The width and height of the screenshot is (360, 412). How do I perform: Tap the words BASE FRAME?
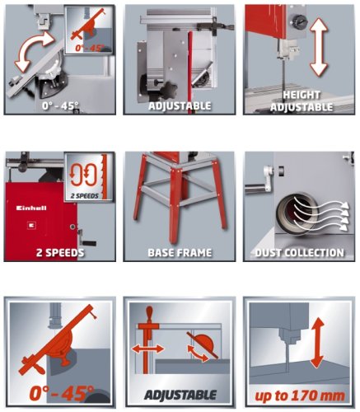[180, 253]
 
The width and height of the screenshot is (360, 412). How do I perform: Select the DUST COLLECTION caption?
[300, 253]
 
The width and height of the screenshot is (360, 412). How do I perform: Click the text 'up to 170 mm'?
[300, 396]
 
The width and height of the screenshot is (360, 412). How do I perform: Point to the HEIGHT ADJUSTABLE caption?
[302, 101]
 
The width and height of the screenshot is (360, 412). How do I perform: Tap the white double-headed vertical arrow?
[319, 47]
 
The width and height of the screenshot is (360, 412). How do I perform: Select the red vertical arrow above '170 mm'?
[317, 343]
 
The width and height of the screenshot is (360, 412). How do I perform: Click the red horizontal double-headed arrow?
[147, 349]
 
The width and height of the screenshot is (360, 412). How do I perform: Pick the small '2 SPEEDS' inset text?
[84, 196]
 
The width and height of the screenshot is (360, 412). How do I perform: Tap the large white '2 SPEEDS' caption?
[60, 253]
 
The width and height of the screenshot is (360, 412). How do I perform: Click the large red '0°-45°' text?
[62, 393]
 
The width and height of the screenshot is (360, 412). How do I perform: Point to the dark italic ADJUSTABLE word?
[180, 396]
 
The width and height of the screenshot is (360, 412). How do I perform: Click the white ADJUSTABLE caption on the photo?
[180, 105]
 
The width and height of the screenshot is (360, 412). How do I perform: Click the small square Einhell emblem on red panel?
[30, 226]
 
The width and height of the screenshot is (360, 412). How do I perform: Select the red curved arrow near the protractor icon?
[198, 353]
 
